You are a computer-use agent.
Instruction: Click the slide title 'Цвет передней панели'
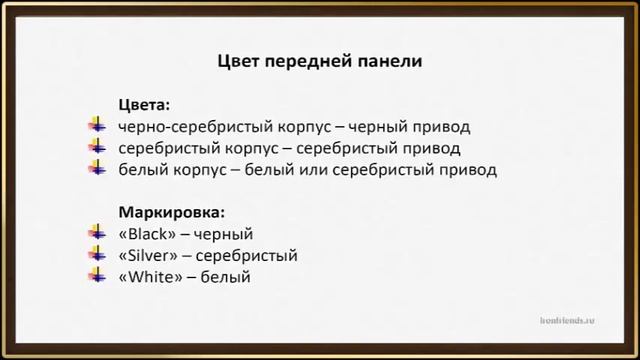click(320, 61)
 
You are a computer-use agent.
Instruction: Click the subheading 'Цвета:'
click(144, 104)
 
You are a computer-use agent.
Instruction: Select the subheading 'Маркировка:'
click(172, 212)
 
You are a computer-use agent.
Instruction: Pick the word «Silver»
click(148, 255)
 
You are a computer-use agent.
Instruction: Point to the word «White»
click(150, 276)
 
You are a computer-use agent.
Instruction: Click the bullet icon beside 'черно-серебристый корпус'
click(96, 126)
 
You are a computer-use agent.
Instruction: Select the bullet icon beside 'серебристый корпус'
click(96, 147)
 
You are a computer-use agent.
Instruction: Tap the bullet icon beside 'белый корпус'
click(96, 168)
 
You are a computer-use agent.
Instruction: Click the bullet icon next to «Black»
click(96, 234)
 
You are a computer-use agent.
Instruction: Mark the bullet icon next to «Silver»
click(96, 255)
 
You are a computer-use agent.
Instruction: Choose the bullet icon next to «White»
click(96, 276)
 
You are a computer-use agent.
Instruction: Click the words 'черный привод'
click(413, 127)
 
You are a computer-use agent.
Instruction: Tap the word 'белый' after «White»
click(224, 276)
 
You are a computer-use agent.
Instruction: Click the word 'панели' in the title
click(392, 61)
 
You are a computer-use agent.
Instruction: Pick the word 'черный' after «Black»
click(225, 234)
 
